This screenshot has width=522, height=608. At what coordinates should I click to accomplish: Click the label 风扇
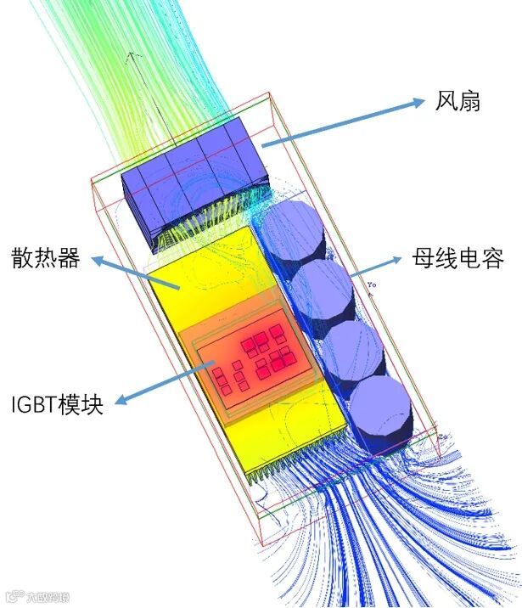(457, 101)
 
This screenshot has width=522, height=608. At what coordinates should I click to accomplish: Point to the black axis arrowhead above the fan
(132, 58)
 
